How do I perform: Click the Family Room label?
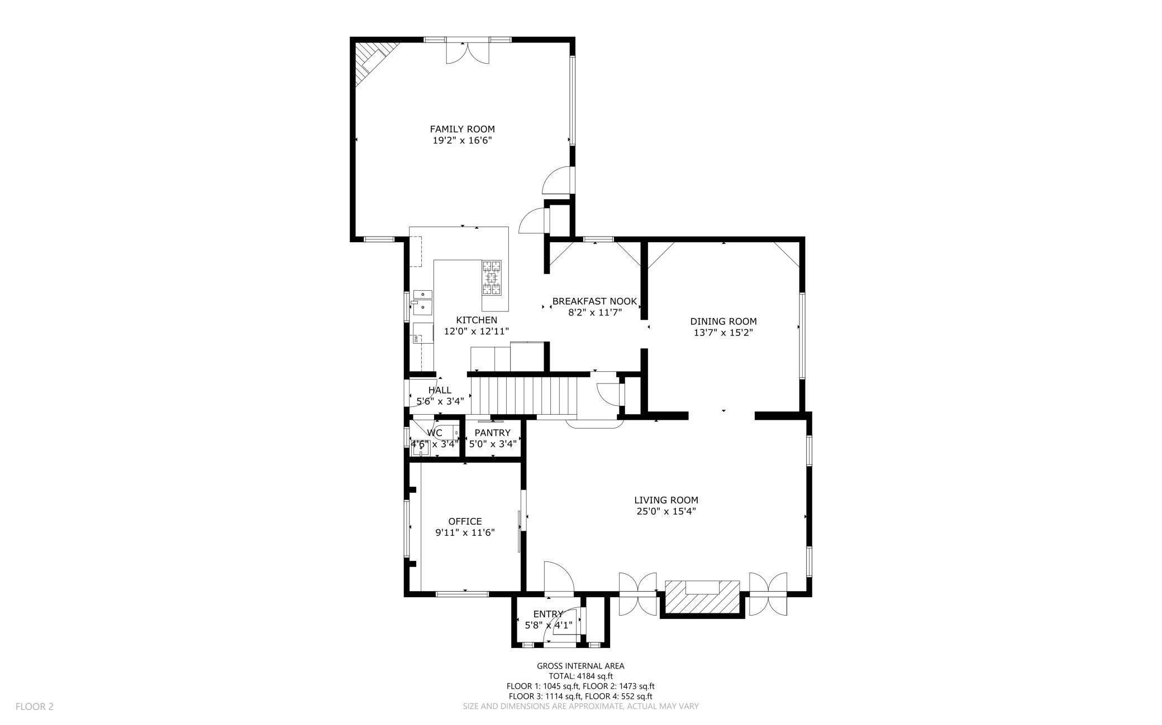coord(462,129)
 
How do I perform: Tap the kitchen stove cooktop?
coord(492,277)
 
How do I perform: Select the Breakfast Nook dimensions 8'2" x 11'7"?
coord(595,313)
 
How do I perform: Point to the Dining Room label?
coord(723,321)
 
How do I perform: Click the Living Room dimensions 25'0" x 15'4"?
coord(666,511)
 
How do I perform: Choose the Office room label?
coord(465,522)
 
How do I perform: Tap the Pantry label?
coord(493,433)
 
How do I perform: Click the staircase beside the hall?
coord(525,393)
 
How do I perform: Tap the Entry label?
coord(548,614)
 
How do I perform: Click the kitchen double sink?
coord(423,300)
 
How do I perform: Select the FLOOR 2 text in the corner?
coord(34,707)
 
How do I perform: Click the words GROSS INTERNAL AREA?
coord(580,666)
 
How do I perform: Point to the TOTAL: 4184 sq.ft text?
coord(580,676)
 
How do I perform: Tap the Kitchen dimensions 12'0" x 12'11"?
coord(477,331)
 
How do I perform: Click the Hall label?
coord(440,390)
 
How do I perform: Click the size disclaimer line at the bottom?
coord(580,706)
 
